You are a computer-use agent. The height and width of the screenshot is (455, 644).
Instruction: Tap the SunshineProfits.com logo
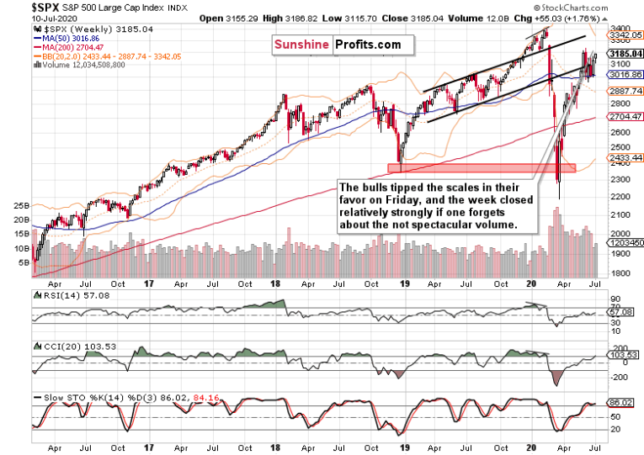click(x=336, y=45)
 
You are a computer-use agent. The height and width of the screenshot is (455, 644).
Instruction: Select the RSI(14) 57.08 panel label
click(x=73, y=296)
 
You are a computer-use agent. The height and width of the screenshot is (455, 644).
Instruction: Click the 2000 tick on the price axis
click(x=621, y=234)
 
